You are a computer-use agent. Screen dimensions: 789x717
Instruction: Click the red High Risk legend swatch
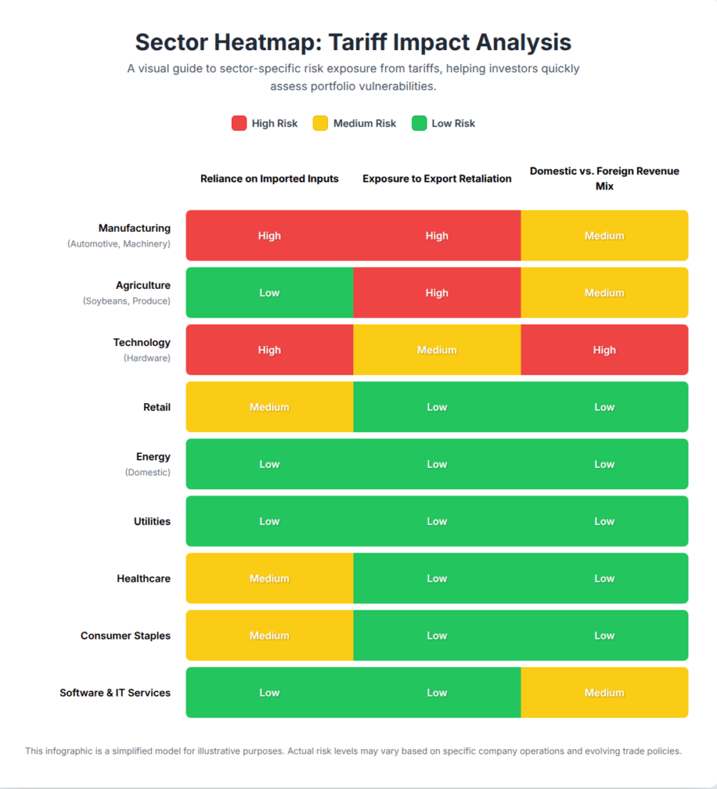point(239,123)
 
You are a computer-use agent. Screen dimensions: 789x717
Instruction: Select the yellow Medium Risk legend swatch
point(320,123)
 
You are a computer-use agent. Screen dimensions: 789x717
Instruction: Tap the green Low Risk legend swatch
point(419,123)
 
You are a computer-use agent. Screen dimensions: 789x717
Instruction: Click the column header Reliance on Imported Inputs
point(270,179)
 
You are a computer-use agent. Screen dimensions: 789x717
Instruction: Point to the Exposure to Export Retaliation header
point(437,179)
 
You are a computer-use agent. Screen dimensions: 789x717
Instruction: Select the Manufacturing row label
point(135,228)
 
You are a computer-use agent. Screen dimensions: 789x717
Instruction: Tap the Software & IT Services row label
point(115,693)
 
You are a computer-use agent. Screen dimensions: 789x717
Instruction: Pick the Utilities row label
point(152,522)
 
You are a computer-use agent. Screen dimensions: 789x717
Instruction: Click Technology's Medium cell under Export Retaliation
point(437,350)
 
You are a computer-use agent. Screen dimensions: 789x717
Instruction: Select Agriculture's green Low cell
point(270,293)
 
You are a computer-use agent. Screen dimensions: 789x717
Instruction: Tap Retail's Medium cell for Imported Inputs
point(270,407)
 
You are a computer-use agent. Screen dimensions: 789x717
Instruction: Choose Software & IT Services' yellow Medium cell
point(605,693)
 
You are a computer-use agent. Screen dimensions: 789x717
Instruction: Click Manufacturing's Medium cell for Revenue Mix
point(605,236)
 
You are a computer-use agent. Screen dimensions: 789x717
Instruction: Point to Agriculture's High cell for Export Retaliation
point(437,293)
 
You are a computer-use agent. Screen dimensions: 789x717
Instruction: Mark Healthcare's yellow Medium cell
point(270,579)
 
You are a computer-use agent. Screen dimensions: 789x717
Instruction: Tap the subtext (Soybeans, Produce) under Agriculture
point(126,301)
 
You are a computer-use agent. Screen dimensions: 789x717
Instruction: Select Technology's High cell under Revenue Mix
point(605,350)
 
